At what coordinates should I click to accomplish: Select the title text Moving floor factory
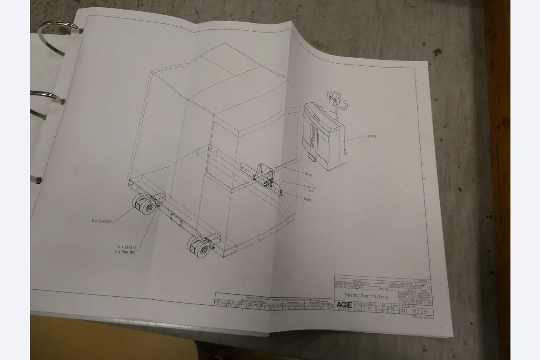click(363, 295)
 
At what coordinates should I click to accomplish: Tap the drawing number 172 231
click(420, 312)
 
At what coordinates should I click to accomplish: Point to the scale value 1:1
click(370, 309)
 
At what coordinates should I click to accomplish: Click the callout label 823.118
click(372, 137)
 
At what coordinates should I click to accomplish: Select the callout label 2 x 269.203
click(102, 220)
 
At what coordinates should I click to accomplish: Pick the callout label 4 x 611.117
click(126, 247)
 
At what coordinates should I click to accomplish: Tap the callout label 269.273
click(308, 174)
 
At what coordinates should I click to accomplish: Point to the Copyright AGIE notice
click(423, 317)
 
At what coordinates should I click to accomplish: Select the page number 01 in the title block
click(402, 312)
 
